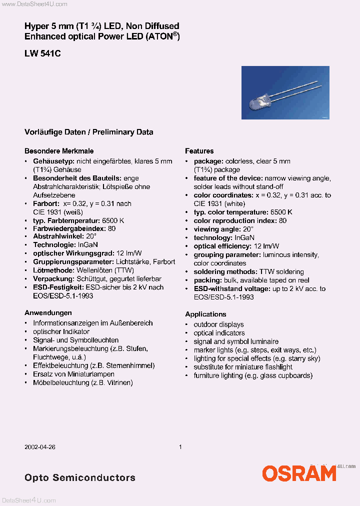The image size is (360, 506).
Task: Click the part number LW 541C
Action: click(42, 53)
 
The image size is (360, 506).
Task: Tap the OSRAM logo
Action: click(299, 472)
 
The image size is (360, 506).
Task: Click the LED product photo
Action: click(285, 92)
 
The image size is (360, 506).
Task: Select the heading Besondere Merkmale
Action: click(59, 150)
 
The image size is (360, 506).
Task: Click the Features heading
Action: click(199, 150)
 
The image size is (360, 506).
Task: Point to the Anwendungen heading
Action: click(48, 312)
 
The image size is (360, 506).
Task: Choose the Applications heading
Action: click(205, 314)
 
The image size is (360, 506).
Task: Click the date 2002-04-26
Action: click(39, 447)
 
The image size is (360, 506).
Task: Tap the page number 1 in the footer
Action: click(180, 447)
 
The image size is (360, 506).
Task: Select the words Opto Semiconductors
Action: click(80, 477)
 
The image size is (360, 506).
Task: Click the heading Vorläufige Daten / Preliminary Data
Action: click(89, 132)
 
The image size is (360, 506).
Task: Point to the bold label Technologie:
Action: click(55, 245)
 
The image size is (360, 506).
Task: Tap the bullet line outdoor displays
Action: click(218, 324)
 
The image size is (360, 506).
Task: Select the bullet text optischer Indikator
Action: click(61, 331)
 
